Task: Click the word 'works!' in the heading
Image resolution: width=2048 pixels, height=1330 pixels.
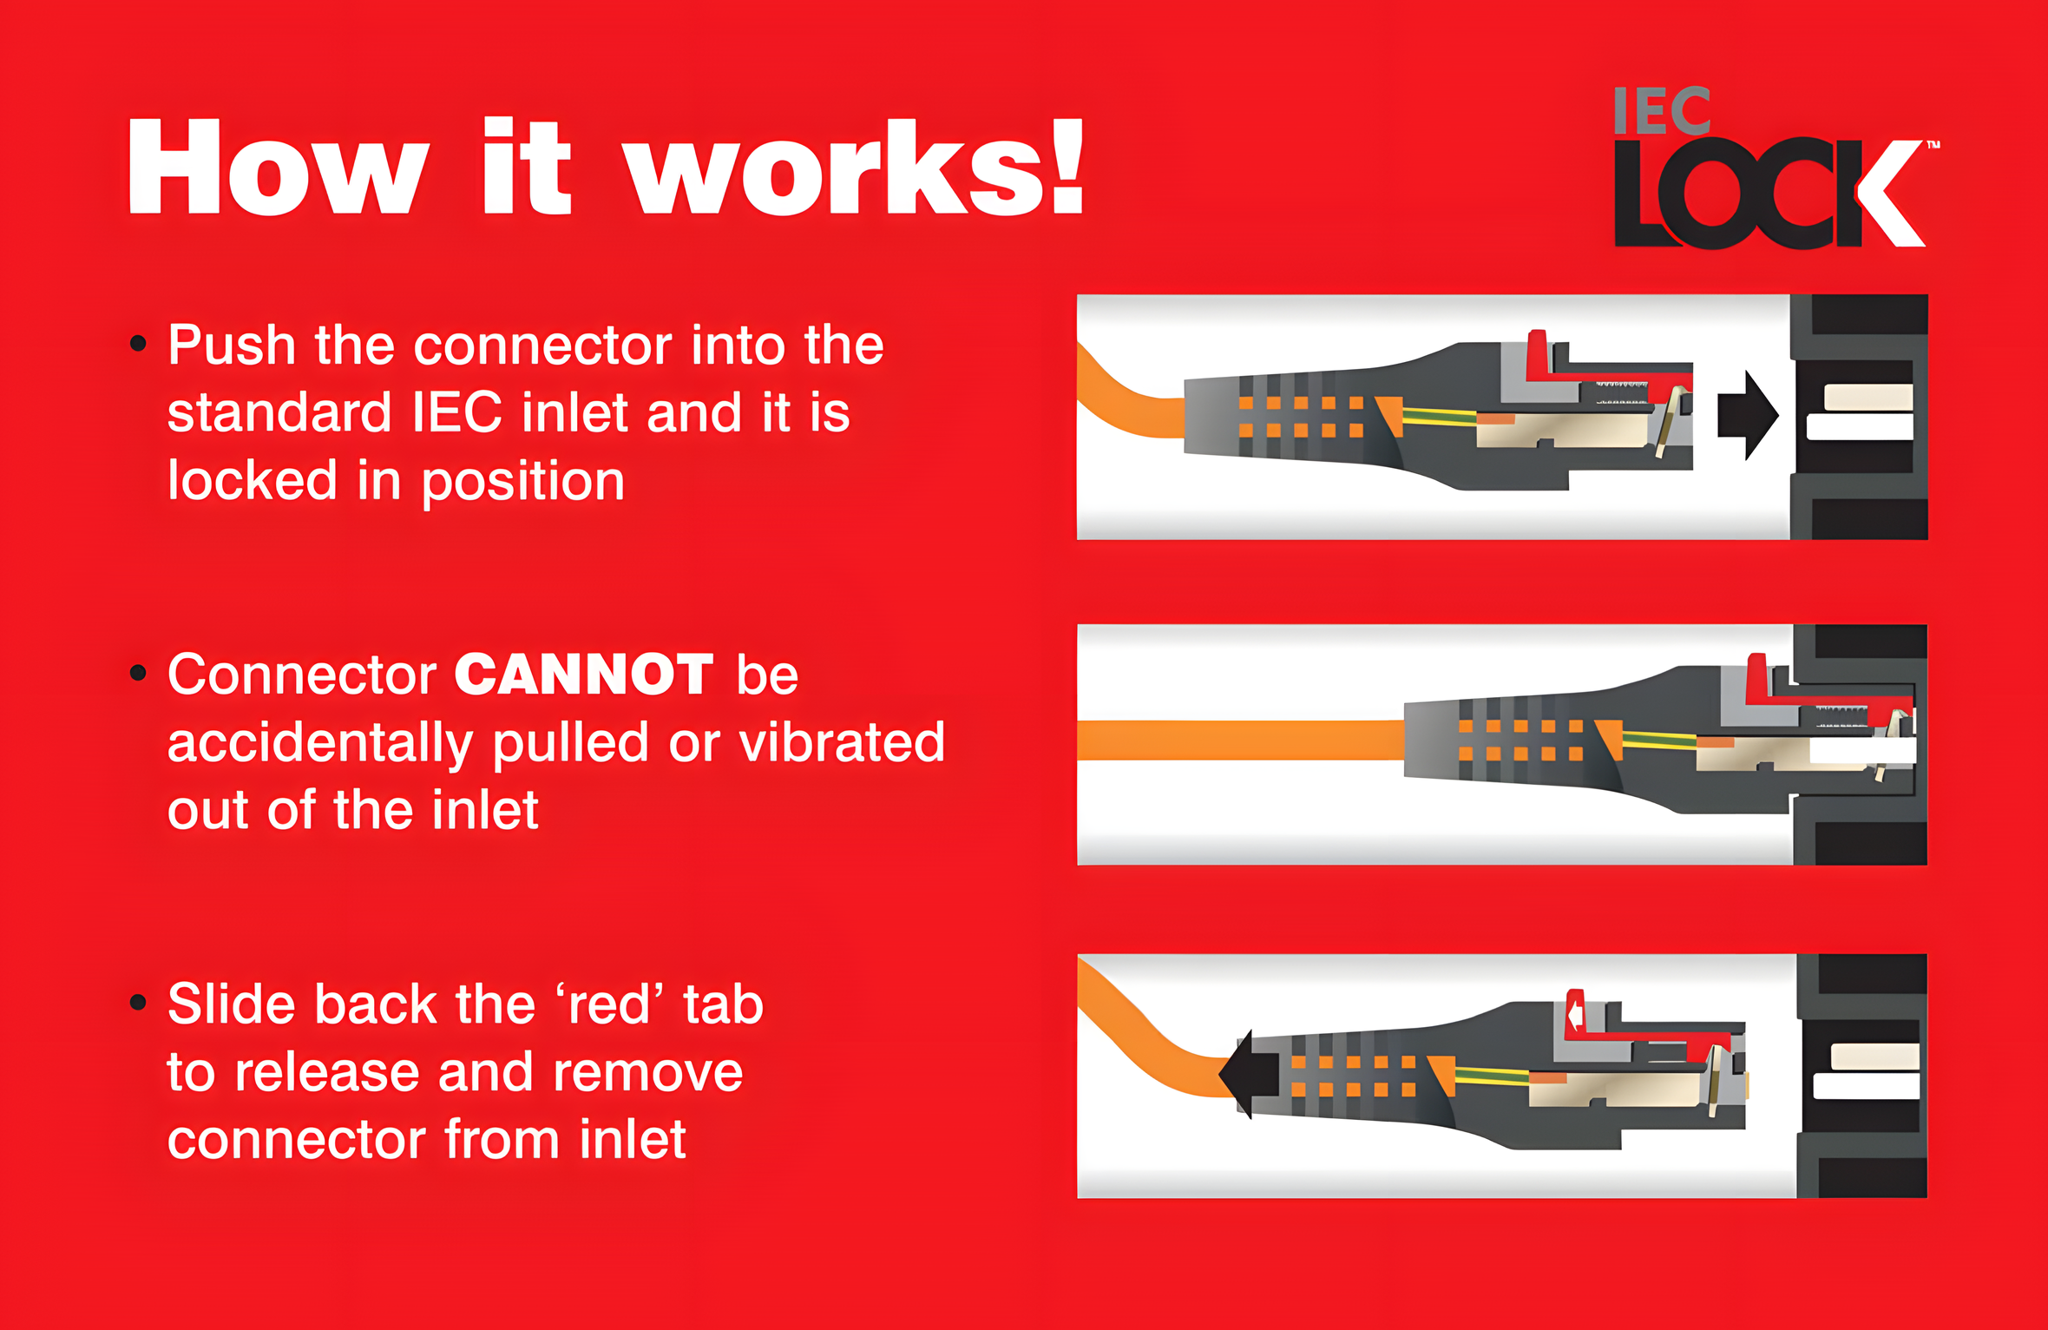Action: [x=854, y=167]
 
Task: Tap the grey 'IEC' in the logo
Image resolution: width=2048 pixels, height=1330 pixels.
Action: [x=1662, y=111]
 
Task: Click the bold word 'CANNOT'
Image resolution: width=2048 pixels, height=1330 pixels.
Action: [x=583, y=675]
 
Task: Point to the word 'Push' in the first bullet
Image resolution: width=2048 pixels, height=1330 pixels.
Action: [x=232, y=345]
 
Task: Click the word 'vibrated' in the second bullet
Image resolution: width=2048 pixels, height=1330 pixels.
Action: [x=841, y=742]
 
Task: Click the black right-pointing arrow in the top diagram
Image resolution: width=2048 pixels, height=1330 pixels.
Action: [x=1748, y=415]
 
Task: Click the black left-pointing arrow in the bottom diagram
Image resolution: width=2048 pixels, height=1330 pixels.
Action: [x=1249, y=1074]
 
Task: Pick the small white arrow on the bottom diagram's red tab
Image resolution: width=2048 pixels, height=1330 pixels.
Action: [x=1575, y=1013]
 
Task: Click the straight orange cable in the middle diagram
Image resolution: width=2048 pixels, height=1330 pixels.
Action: [x=1241, y=741]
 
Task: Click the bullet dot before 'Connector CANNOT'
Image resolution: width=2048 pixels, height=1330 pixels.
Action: [x=138, y=673]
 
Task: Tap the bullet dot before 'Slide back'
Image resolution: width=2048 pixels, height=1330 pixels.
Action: [x=138, y=1003]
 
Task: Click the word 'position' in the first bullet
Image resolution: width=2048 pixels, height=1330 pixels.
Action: [x=523, y=483]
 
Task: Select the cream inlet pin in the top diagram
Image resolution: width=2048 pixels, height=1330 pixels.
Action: [x=1868, y=398]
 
